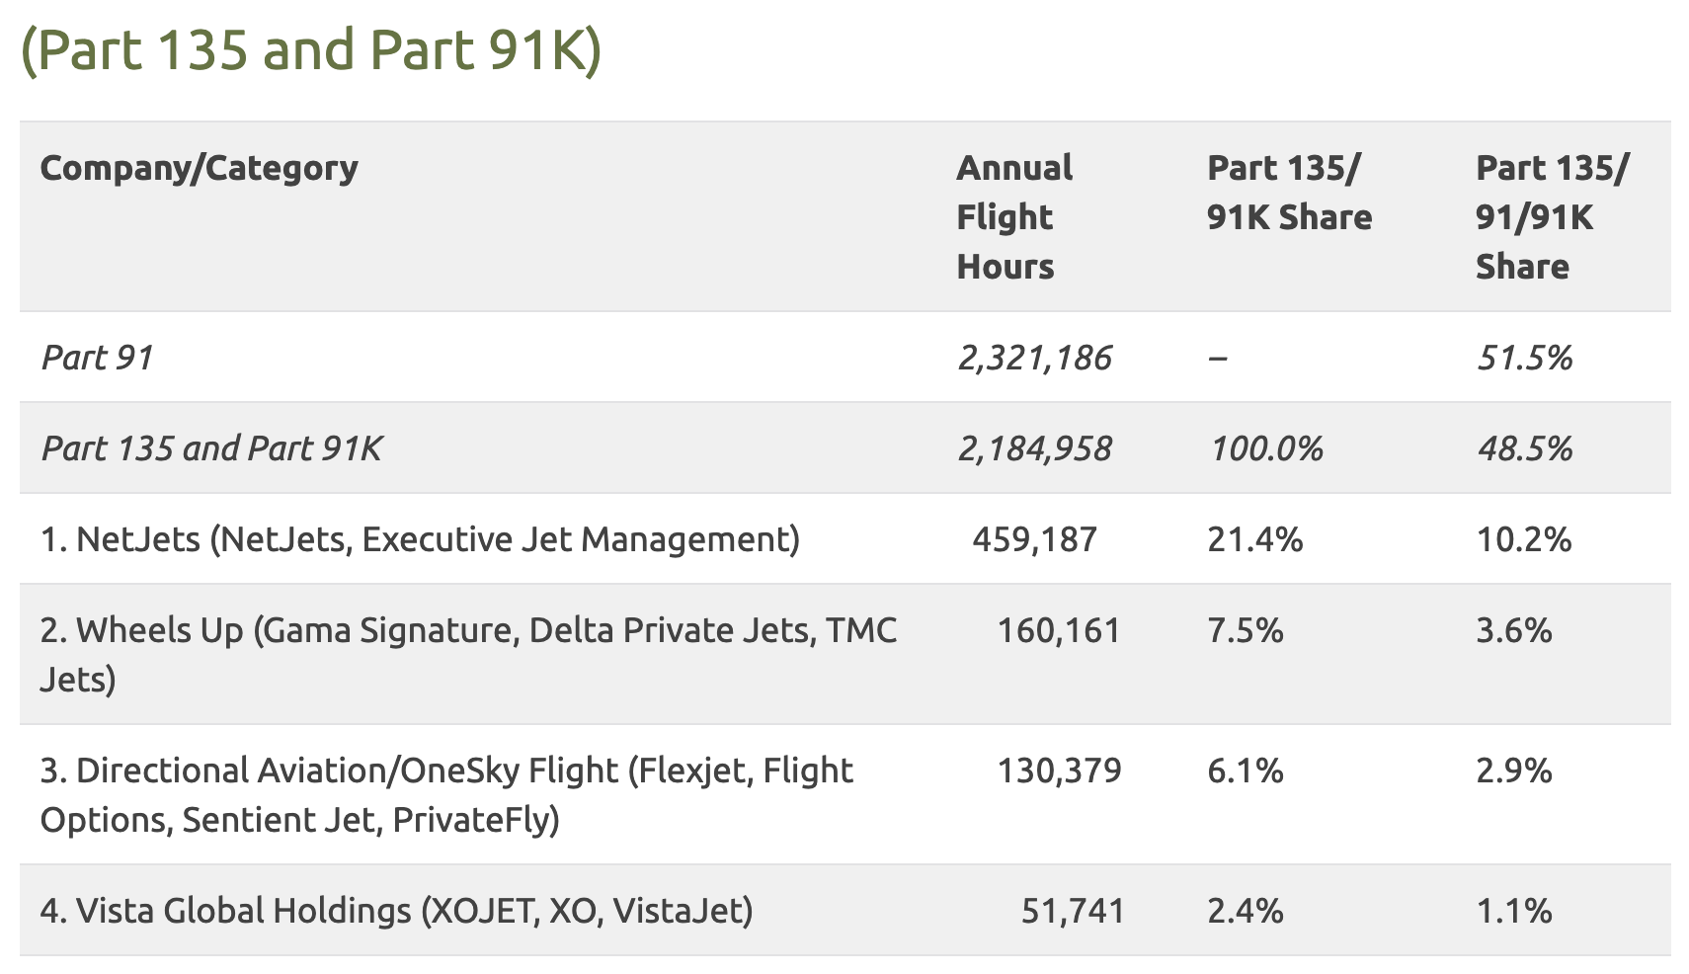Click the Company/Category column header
[x=199, y=168]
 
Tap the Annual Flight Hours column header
[x=1013, y=216]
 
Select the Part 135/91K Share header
[x=1289, y=193]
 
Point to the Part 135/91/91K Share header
[x=1551, y=216]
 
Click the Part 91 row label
[x=97, y=358]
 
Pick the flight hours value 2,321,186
[x=1034, y=358]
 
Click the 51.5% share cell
[x=1524, y=358]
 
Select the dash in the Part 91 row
[x=1218, y=358]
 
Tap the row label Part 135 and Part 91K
[x=211, y=448]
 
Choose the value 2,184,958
[x=1034, y=448]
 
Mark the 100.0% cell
[x=1265, y=448]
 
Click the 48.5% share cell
[x=1524, y=448]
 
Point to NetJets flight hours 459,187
[x=1034, y=539]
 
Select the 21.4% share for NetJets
[x=1254, y=539]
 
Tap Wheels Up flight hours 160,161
[x=1059, y=630]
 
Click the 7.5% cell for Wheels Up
[x=1245, y=630]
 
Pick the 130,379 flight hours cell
[x=1059, y=771]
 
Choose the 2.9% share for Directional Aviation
[x=1513, y=771]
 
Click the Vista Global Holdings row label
[x=396, y=911]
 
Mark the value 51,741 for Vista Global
[x=1073, y=911]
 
